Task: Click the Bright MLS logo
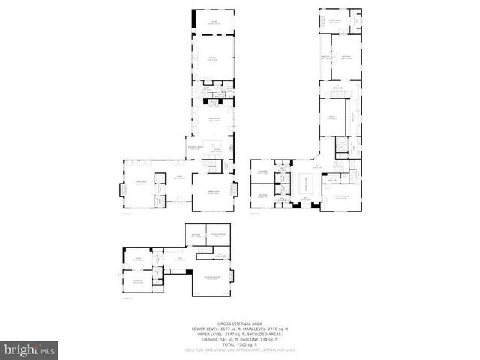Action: click(29, 349)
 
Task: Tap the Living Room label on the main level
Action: click(139, 182)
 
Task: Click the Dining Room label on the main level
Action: click(212, 192)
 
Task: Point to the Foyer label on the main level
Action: click(180, 178)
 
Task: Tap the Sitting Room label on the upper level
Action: click(333, 20)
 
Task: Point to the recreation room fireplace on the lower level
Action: click(232, 276)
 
